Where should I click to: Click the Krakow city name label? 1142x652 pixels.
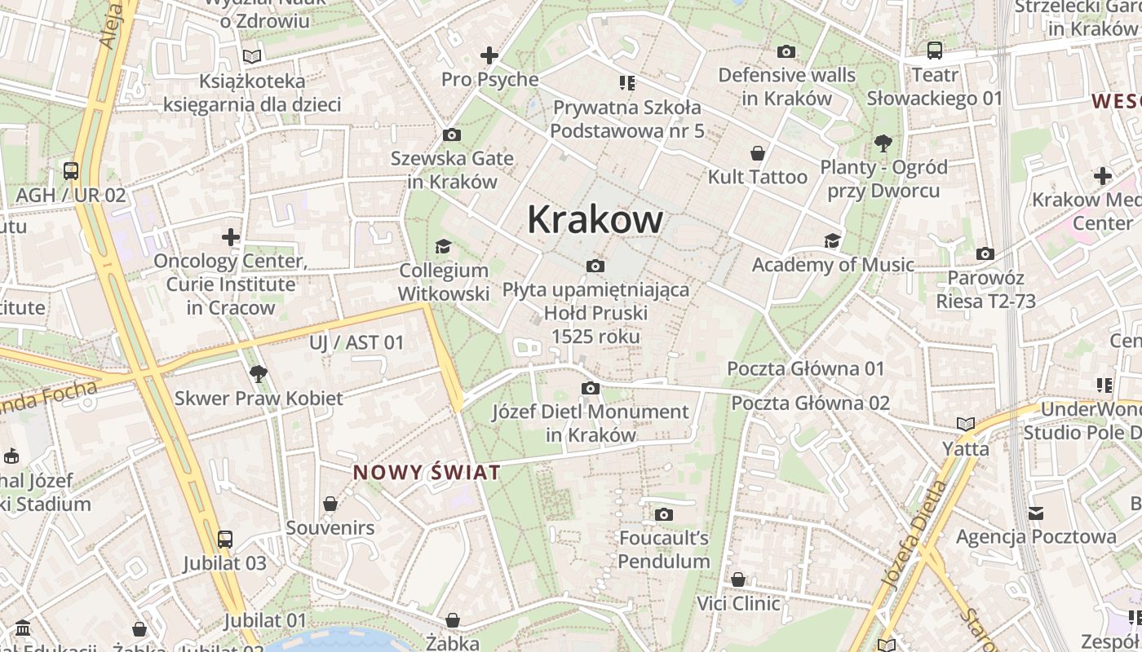(595, 219)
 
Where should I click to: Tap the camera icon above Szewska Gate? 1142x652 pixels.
(451, 134)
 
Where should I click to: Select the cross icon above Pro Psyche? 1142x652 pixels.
(489, 55)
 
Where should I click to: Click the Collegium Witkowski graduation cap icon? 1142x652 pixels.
(443, 246)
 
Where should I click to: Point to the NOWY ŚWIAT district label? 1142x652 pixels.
(426, 473)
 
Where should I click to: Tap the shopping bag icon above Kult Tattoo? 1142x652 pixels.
(758, 153)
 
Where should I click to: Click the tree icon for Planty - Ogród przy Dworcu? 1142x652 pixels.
(883, 144)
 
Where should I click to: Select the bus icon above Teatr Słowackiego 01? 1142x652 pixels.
(935, 51)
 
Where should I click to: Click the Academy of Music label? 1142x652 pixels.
(833, 265)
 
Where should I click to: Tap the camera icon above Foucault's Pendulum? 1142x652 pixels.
(664, 514)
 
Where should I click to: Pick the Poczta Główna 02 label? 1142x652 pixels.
(810, 403)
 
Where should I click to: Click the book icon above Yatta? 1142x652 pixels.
(966, 425)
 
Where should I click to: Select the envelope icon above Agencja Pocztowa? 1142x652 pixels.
(1036, 513)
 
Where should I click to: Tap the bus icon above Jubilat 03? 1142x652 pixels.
(224, 540)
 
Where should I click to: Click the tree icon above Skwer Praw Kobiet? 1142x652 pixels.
(259, 374)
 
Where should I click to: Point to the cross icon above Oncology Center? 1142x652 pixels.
(231, 237)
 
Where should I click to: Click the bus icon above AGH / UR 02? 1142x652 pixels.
(71, 171)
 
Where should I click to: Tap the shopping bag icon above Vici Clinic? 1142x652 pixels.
(738, 579)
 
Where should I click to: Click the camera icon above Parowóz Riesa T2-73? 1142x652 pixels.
(985, 254)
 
